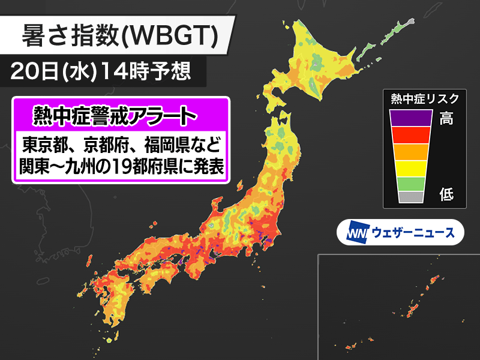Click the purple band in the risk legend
411,118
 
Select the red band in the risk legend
411,135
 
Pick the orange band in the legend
411,151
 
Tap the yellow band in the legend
411,167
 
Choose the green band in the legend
411,182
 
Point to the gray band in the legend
411,196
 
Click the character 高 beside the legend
446,118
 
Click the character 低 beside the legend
446,194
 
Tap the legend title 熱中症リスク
424,98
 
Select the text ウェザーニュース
413,232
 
